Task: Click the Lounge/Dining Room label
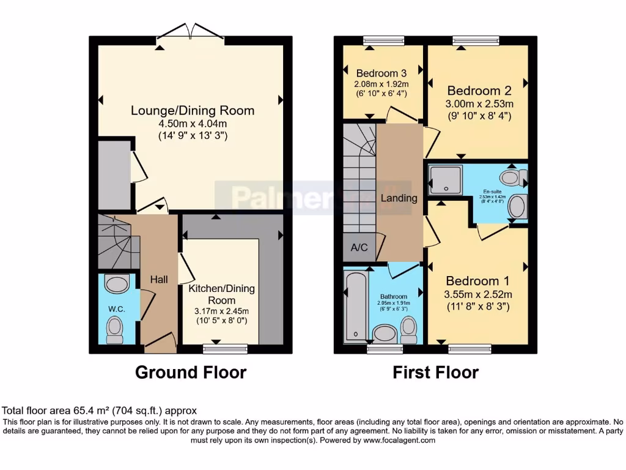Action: click(x=193, y=111)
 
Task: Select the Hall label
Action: click(x=159, y=279)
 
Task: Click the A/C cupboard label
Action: click(x=359, y=248)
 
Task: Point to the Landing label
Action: click(x=399, y=198)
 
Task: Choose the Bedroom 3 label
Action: click(x=381, y=72)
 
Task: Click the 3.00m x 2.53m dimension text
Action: click(x=479, y=103)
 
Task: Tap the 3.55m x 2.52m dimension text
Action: click(x=477, y=295)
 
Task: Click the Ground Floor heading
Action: click(x=191, y=372)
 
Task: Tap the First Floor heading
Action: click(x=435, y=372)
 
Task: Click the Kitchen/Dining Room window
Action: click(x=226, y=349)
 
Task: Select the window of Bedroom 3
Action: click(x=380, y=40)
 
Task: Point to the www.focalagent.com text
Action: click(x=399, y=440)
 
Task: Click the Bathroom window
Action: click(x=385, y=349)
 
